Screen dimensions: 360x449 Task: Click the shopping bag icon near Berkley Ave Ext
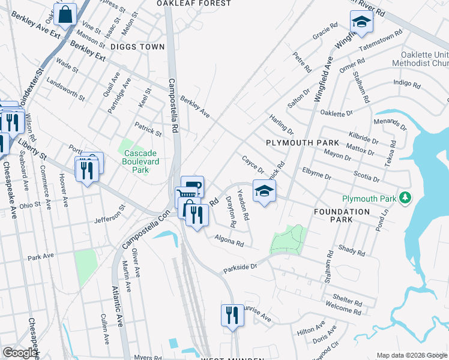[65, 15]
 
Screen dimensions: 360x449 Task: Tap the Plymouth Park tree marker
[406, 198]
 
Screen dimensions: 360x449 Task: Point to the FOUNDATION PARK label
[342, 216]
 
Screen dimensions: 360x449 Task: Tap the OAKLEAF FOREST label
[193, 4]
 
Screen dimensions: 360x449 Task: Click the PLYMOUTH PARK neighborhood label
[303, 143]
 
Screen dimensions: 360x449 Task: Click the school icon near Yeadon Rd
[264, 191]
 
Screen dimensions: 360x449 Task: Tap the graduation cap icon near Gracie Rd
[361, 22]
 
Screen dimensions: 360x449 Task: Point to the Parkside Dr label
[240, 266]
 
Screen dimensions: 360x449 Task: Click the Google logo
[20, 353]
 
